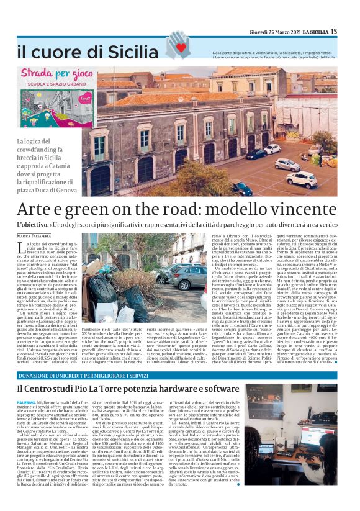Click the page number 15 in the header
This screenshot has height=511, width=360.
click(351, 31)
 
